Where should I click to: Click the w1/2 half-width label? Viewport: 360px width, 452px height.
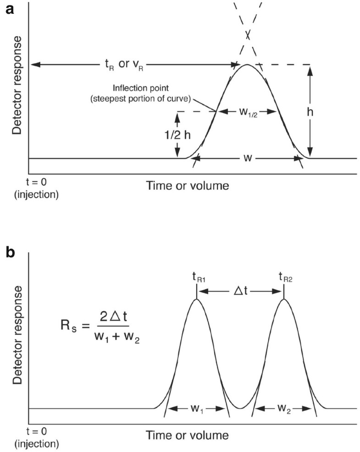248,111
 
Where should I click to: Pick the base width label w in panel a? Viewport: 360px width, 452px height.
247,158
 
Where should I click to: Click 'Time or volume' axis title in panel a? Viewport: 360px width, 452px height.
187,185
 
